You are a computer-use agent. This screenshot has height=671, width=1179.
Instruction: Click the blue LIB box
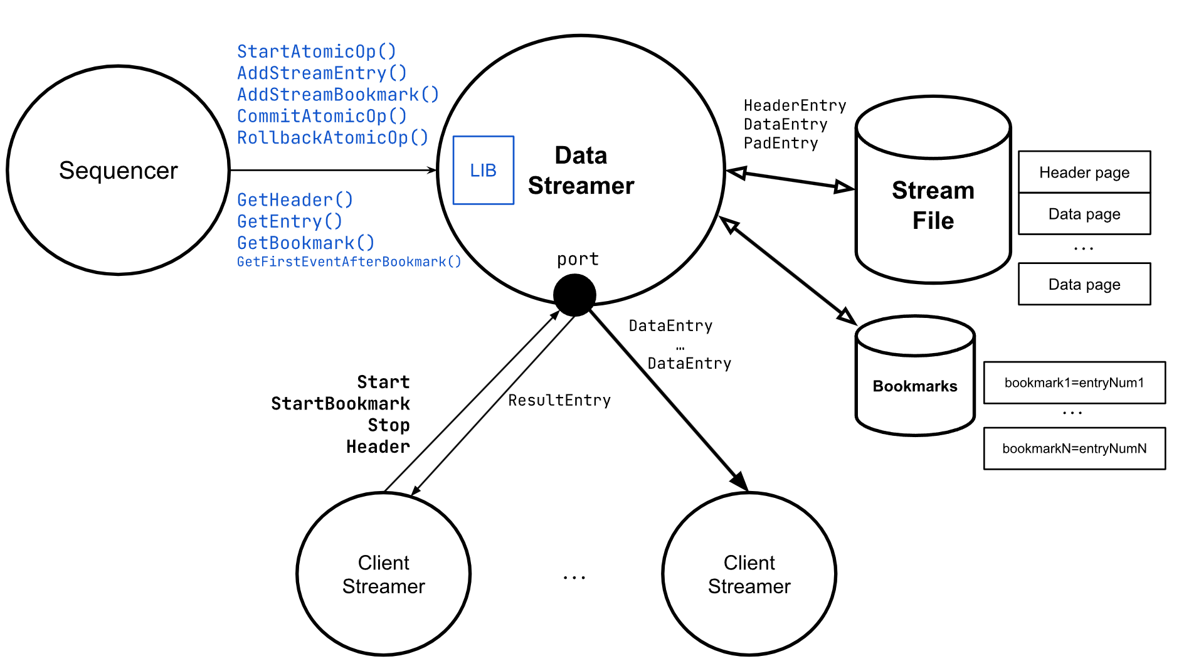(483, 170)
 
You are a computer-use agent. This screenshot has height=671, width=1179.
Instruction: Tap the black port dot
(574, 295)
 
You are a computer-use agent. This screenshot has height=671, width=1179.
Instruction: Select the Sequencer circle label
(119, 171)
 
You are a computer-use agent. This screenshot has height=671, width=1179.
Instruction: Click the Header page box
(1084, 172)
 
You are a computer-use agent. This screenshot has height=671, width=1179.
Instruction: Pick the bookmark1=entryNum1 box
(1074, 383)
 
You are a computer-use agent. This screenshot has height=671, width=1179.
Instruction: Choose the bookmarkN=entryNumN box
(1074, 448)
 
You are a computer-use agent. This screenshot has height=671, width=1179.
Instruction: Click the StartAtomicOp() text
(316, 51)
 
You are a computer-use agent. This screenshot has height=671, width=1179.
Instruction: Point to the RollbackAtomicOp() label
(332, 137)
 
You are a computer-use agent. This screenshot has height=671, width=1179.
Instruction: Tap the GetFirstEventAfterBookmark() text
(349, 262)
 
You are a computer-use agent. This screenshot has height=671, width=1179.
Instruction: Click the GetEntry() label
(289, 221)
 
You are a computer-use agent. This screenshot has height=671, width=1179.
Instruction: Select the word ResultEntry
(559, 400)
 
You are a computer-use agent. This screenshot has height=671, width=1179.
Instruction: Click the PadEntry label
(780, 144)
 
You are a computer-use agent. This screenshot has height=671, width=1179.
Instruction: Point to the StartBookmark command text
(340, 403)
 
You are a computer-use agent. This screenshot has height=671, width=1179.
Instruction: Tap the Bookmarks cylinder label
(914, 386)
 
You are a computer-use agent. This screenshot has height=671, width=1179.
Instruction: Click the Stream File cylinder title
(933, 205)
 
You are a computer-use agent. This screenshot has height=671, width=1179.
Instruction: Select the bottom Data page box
(1084, 284)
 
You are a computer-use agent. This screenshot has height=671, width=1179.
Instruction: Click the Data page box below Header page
(1084, 214)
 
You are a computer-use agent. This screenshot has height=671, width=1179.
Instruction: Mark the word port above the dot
(578, 259)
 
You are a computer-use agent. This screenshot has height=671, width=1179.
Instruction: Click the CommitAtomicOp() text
(322, 116)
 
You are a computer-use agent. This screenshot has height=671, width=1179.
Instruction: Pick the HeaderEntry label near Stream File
(795, 105)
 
